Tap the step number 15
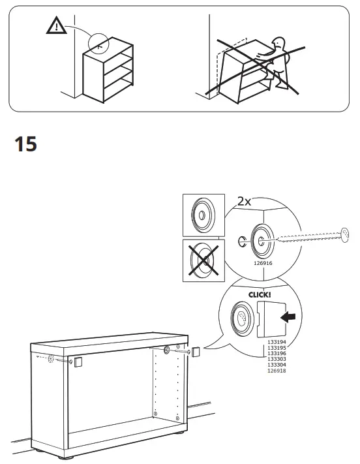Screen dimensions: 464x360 coord(25,144)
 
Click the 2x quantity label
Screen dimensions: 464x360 coord(243,202)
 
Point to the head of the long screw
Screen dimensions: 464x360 coord(345,232)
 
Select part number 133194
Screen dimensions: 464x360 coord(277,342)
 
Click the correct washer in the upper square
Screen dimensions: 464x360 coord(203,215)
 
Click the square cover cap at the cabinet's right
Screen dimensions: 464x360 coord(195,352)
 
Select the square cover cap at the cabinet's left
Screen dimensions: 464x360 coord(78,362)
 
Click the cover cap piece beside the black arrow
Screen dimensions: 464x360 coord(268,319)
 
